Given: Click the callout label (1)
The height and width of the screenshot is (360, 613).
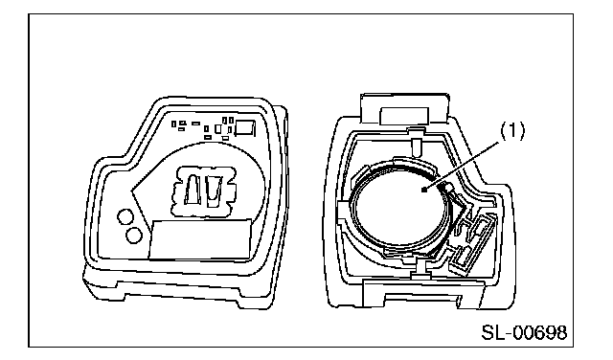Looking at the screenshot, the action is pos(513,131).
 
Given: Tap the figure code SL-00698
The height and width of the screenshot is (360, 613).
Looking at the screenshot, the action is pos(524,332).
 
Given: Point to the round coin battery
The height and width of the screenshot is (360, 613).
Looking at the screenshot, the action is pos(401,207).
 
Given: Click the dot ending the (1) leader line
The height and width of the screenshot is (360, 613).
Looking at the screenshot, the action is pos(424,191).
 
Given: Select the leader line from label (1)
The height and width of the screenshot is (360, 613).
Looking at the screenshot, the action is pos(462,167).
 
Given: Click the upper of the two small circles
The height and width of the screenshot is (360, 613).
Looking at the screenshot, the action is pos(125,217).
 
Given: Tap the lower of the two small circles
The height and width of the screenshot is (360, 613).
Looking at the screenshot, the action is pos(134,235).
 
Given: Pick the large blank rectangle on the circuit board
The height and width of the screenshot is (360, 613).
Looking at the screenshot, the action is pos(200,238).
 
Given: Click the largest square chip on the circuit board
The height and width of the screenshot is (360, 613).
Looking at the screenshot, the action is pos(245,128).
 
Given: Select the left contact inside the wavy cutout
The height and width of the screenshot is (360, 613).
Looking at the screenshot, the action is pos(193,190).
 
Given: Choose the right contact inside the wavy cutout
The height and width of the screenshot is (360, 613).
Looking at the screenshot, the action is pos(214,191).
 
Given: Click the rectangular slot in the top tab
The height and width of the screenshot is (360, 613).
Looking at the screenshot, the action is pos(404,116).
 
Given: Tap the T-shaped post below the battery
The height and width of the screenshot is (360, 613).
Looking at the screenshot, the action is pos(420,270).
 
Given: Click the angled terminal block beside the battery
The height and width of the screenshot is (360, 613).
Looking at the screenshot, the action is pos(471,242).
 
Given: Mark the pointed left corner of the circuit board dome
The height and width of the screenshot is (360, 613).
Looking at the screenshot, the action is pos(132,191).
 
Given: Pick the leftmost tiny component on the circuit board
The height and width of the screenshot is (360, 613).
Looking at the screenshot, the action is pos(174,124).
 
